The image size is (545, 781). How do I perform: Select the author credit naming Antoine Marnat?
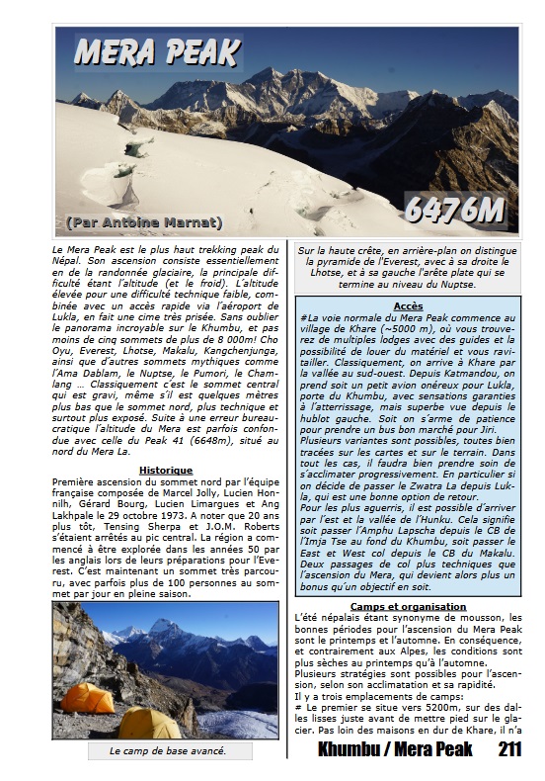tap(144, 222)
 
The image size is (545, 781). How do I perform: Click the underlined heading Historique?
tap(165, 471)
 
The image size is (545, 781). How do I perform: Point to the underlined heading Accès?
tap(407, 306)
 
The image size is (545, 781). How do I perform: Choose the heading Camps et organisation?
tap(408, 606)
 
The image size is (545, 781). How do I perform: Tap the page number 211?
tap(509, 750)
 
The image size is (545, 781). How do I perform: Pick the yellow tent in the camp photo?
tap(150, 723)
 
